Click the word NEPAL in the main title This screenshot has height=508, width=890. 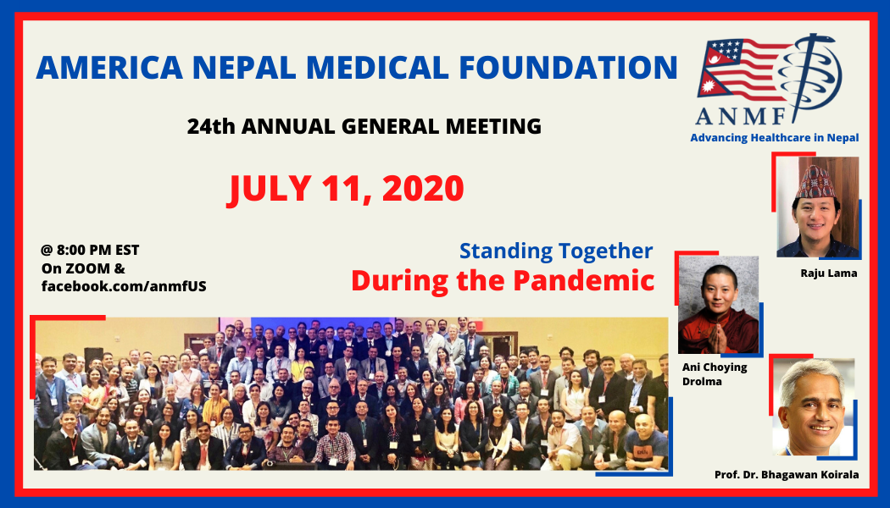[244, 68]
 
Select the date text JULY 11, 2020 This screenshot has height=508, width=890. [346, 190]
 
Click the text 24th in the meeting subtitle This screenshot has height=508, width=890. [210, 126]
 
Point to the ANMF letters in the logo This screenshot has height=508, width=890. [742, 116]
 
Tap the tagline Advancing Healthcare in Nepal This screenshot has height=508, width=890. [774, 138]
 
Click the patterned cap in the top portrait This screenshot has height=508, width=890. [815, 183]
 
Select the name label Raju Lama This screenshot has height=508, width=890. [829, 273]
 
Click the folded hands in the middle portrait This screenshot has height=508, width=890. [718, 338]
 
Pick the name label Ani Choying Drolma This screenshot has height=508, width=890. [715, 374]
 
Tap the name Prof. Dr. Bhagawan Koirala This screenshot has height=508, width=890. [787, 474]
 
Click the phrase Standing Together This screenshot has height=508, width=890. [556, 251]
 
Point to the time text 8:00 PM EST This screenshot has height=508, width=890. [97, 250]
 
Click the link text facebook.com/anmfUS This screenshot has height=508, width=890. [124, 286]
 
